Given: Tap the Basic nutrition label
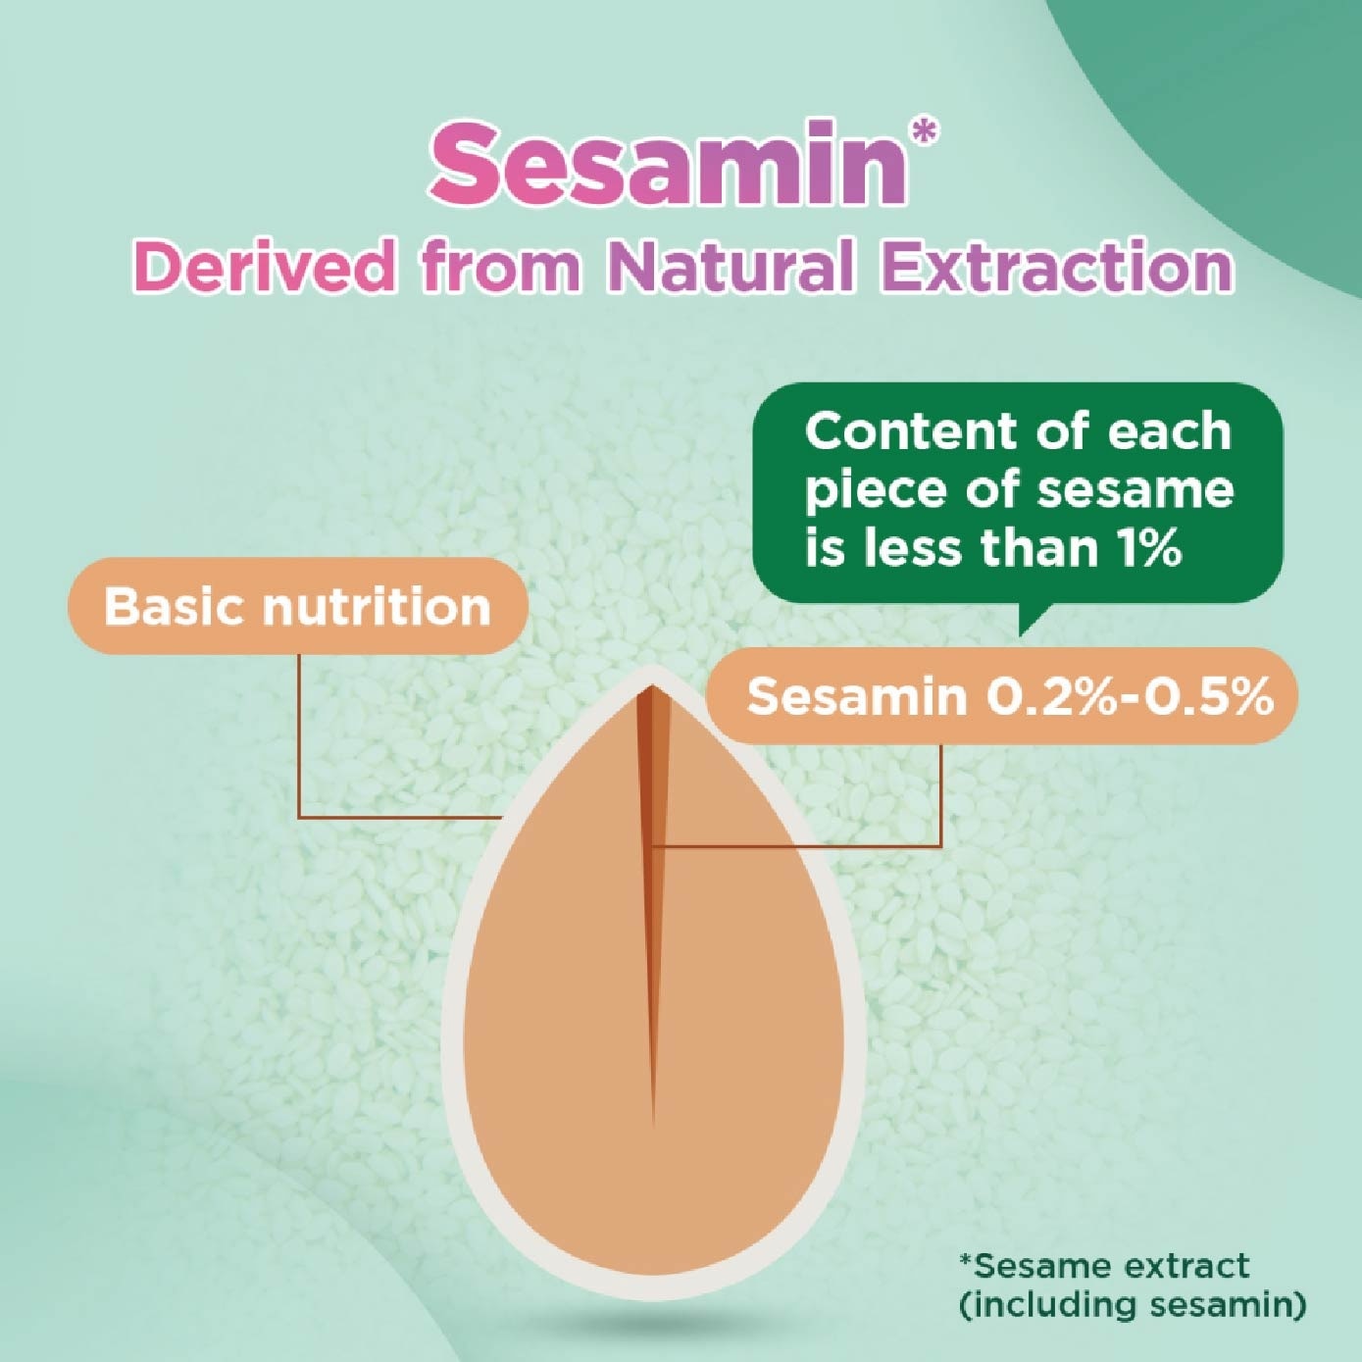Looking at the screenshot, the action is [297, 606].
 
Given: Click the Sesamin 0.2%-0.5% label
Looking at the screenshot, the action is [1003, 696].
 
